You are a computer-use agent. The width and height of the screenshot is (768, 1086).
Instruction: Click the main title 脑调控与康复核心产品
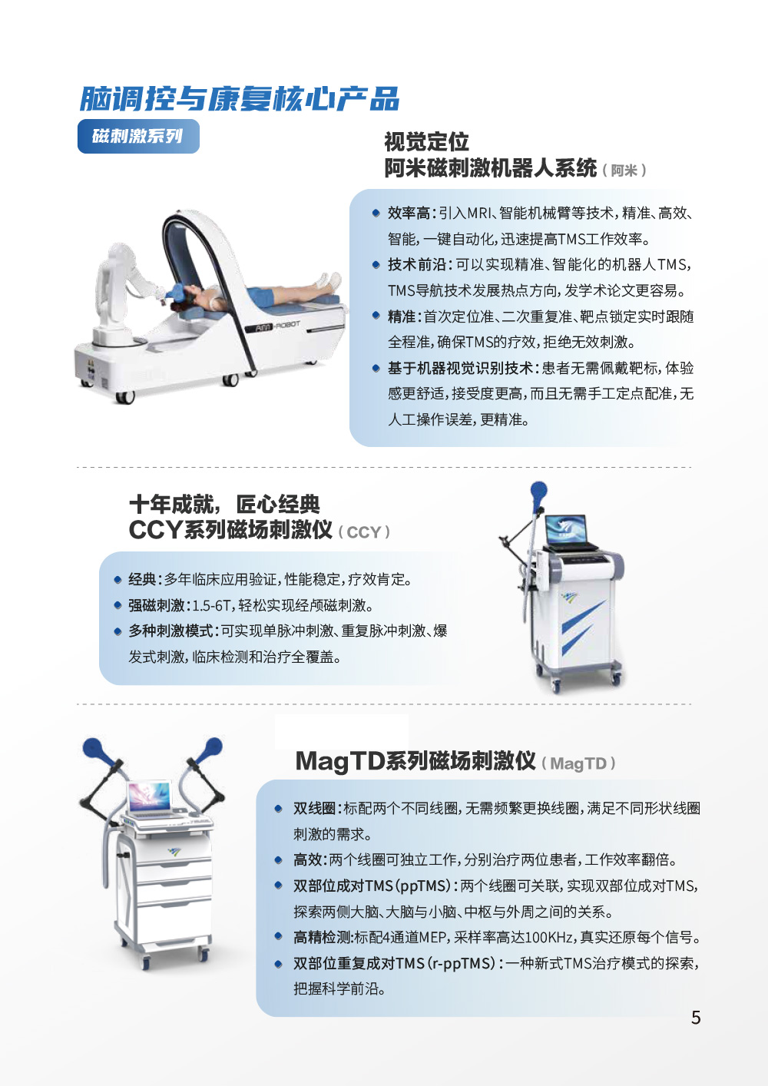click(240, 99)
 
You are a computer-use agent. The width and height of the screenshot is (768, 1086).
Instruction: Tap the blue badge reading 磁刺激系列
click(138, 136)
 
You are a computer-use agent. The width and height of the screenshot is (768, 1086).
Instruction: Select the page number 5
click(696, 1017)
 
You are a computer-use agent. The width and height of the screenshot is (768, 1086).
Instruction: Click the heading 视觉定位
click(427, 142)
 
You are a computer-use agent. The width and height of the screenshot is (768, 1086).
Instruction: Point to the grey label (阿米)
click(624, 171)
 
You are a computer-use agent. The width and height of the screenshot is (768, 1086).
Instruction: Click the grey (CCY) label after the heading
click(363, 532)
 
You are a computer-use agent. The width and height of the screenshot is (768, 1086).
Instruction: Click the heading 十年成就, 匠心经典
click(224, 504)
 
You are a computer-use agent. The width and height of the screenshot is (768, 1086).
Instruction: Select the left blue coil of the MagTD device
click(94, 749)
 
